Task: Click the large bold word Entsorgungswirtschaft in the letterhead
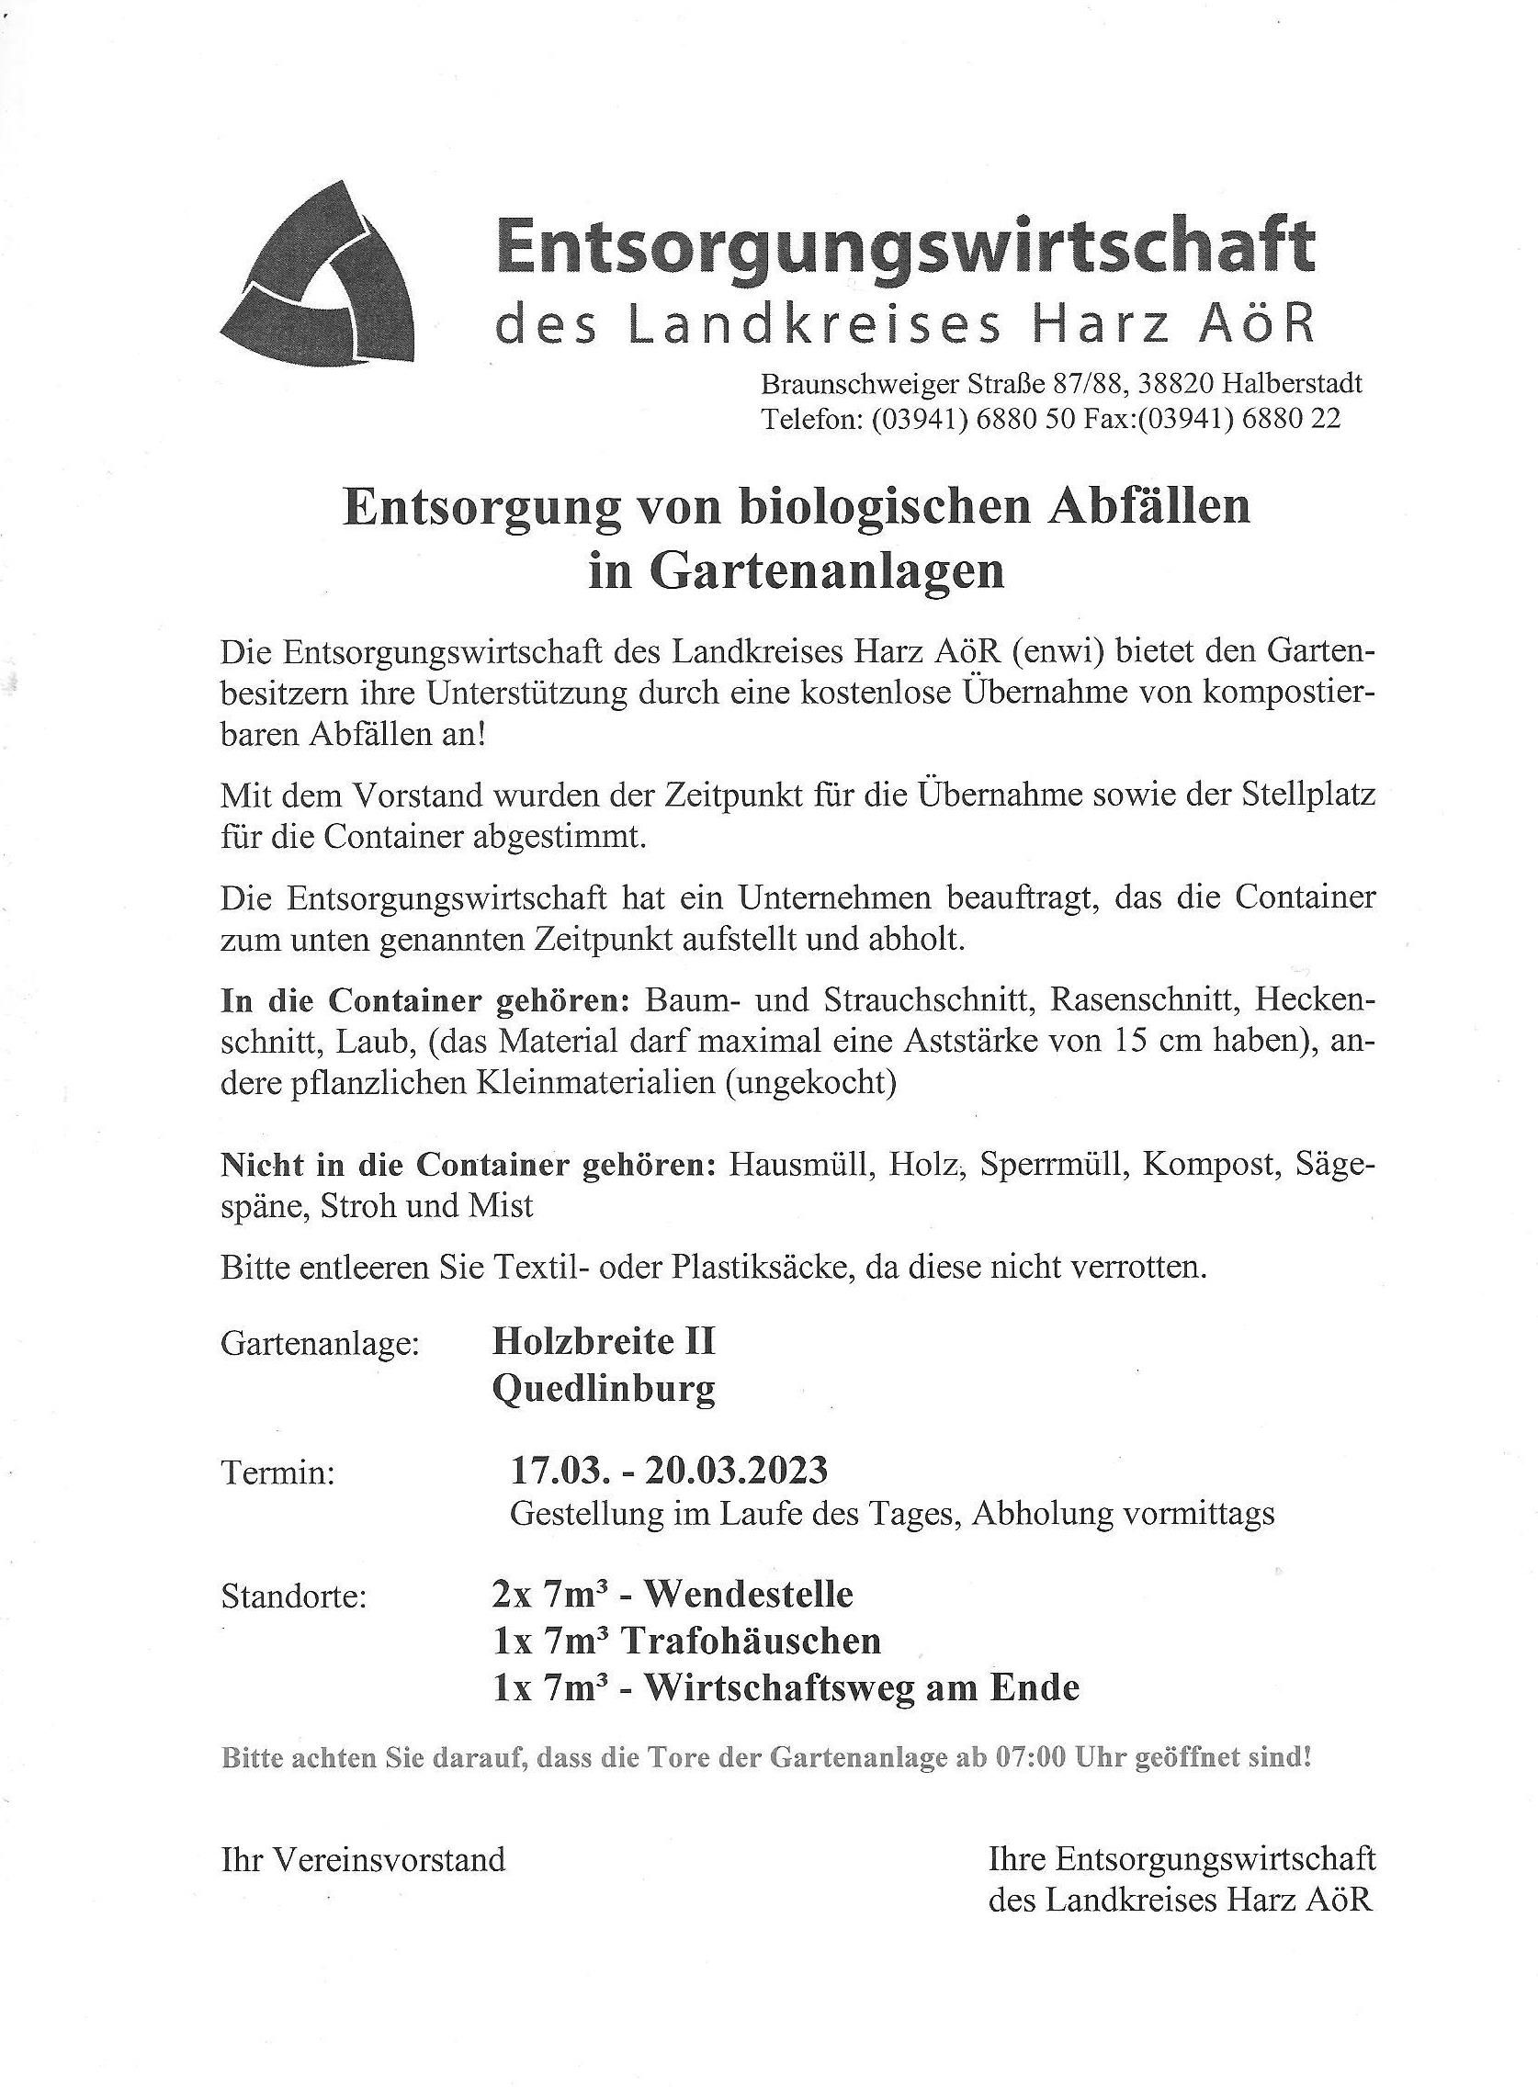(x=906, y=246)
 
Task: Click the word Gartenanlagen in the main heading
(x=796, y=571)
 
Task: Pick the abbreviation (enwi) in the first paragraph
(x=1057, y=651)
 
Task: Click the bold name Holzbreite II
(x=604, y=1341)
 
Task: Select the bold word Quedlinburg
(x=604, y=1390)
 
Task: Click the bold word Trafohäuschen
(x=751, y=1641)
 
